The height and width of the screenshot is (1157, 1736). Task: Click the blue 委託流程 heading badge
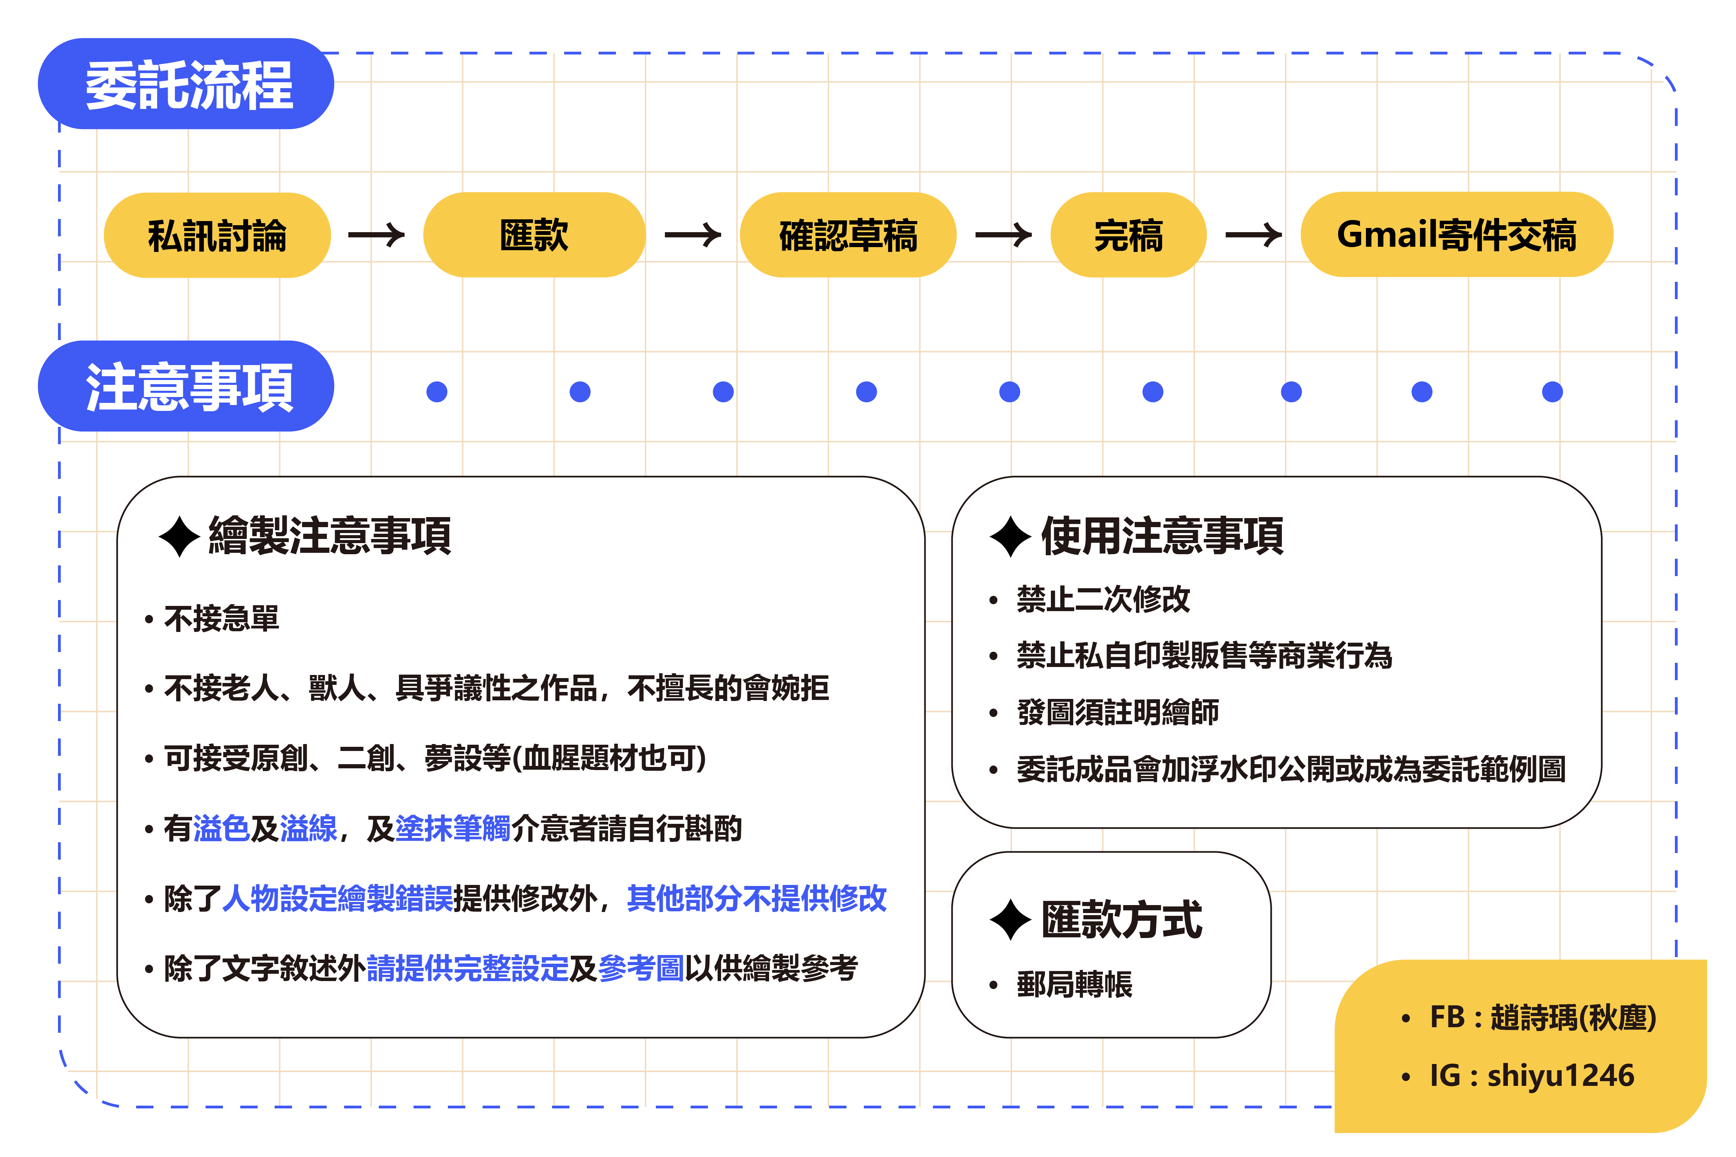[186, 84]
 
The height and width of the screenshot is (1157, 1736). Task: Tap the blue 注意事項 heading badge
[186, 386]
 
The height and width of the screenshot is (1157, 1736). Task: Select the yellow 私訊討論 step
[217, 235]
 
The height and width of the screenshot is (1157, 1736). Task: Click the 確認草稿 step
[848, 235]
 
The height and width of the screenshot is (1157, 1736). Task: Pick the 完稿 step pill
[1128, 235]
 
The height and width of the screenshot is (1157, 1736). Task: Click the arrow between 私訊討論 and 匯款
[376, 235]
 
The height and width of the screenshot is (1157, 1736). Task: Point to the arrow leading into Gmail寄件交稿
[1253, 235]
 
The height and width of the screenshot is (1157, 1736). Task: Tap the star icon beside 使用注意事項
[1010, 537]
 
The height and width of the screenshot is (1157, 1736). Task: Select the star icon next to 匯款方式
[1010, 920]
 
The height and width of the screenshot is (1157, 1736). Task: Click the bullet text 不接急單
[222, 618]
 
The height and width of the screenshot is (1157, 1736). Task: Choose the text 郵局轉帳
[1075, 984]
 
